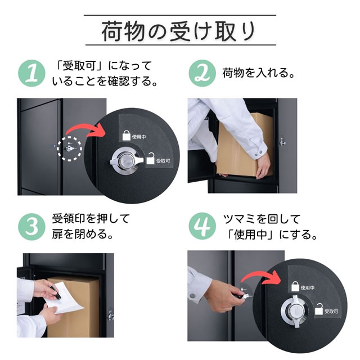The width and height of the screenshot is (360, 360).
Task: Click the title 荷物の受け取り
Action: click(x=180, y=31)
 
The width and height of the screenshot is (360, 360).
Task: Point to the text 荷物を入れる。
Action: click(x=259, y=73)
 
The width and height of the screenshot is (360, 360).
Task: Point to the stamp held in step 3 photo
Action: click(x=52, y=291)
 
